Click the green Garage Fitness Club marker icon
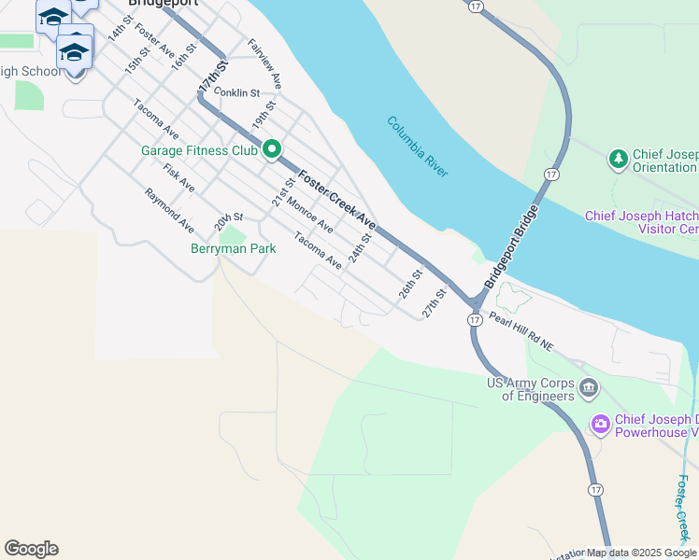pyautogui.click(x=272, y=149)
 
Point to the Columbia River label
pyautogui.click(x=418, y=147)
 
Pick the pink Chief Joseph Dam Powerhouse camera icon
pyautogui.click(x=599, y=425)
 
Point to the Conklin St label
pyautogui.click(x=236, y=92)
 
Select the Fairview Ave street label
pyautogui.click(x=264, y=63)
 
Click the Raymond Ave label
pyautogui.click(x=169, y=210)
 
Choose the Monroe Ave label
pyautogui.click(x=309, y=214)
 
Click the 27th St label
pyautogui.click(x=433, y=302)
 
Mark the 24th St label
pyautogui.click(x=360, y=248)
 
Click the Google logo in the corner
pyautogui.click(x=31, y=549)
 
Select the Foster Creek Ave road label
pyautogui.click(x=336, y=199)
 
